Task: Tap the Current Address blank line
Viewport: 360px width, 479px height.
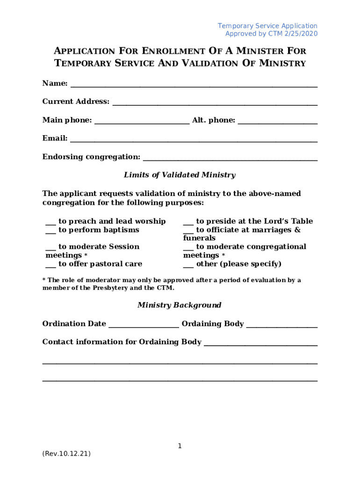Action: pos(215,104)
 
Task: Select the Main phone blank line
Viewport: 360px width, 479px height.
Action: pos(142,123)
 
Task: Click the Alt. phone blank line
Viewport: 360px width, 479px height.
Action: pos(278,123)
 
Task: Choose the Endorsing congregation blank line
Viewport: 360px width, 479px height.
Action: pos(230,159)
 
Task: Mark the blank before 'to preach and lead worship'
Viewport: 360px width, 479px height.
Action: pos(51,223)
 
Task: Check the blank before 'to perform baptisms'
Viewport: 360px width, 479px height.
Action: pos(51,232)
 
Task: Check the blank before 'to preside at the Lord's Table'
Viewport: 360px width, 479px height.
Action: pos(188,223)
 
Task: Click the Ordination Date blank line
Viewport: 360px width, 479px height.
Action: pos(144,326)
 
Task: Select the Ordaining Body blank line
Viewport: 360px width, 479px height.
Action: pos(282,326)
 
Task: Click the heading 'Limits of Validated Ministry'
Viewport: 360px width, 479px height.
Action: pos(180,175)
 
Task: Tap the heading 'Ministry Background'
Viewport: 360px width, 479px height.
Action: pos(180,305)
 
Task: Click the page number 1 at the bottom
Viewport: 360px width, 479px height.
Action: pos(180,446)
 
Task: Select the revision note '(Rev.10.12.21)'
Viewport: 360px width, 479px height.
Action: pos(66,454)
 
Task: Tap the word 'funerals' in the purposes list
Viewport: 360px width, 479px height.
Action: pos(199,238)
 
